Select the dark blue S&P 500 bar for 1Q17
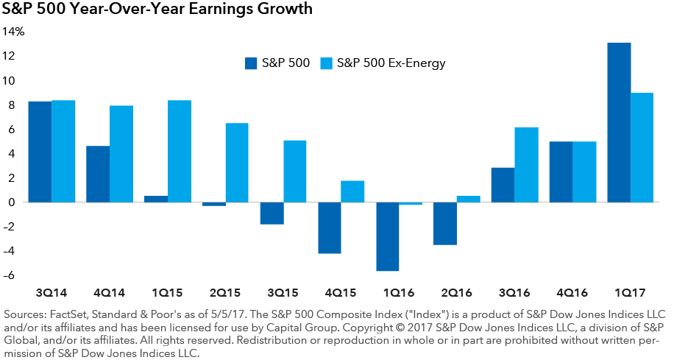(x=619, y=122)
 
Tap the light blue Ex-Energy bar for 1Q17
(x=642, y=147)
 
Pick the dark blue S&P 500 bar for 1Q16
(x=387, y=236)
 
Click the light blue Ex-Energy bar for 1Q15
(x=180, y=151)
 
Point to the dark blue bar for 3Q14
(x=40, y=152)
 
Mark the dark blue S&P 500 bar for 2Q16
(x=445, y=223)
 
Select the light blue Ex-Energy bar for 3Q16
(x=526, y=165)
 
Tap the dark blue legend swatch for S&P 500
(x=251, y=63)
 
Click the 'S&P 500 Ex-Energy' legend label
(x=391, y=63)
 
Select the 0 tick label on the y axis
(x=11, y=202)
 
